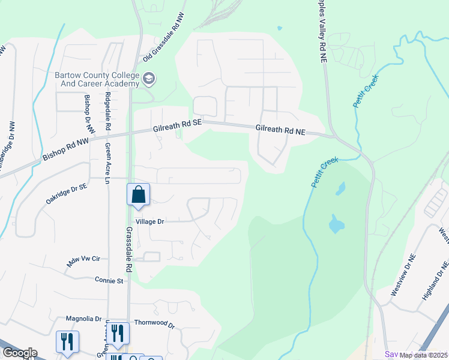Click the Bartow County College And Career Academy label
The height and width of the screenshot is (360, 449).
(96, 79)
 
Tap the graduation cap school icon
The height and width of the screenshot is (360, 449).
(148, 78)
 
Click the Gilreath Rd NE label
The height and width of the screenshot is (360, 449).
(280, 128)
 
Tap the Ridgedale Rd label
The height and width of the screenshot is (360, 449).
(108, 112)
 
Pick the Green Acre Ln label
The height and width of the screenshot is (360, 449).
(108, 163)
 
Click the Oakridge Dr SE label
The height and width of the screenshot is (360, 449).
(67, 194)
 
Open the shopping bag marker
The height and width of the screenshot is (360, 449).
(139, 196)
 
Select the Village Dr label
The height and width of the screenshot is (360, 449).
(149, 221)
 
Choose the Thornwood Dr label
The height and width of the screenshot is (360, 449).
(154, 324)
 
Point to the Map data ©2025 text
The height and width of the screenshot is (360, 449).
(423, 355)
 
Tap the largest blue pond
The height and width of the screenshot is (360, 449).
(336, 226)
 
